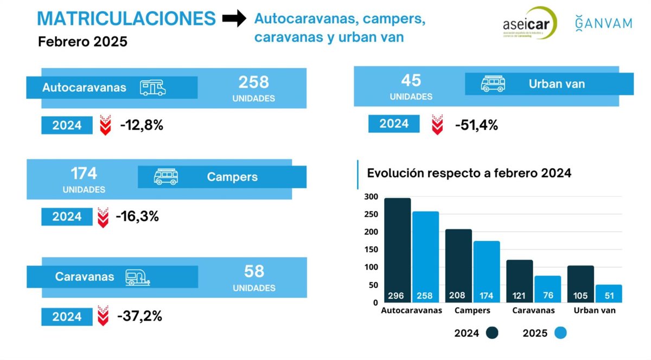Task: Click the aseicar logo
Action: click(x=529, y=23)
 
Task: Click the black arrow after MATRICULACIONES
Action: click(x=234, y=19)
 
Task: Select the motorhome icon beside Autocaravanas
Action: click(x=152, y=88)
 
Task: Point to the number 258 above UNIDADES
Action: click(x=253, y=82)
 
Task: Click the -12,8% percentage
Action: click(x=142, y=125)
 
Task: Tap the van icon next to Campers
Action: click(x=166, y=177)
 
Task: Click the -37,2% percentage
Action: click(x=140, y=316)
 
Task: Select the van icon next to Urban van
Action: click(x=493, y=84)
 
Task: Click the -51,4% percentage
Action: click(x=476, y=125)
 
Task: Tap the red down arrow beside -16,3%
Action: click(x=103, y=217)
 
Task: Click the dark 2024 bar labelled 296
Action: click(x=398, y=249)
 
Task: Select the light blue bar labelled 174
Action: click(x=486, y=271)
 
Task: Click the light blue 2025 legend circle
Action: click(x=560, y=333)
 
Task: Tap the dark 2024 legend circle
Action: click(x=493, y=333)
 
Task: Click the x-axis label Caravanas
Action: click(x=534, y=311)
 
